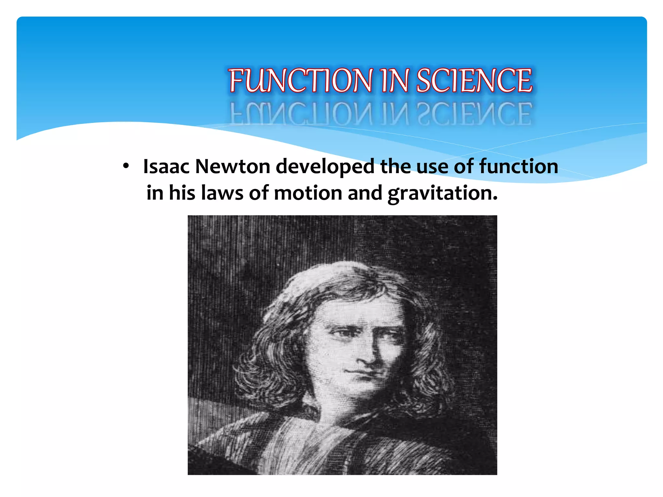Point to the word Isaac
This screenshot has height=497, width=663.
[166, 166]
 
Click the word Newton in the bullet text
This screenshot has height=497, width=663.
[232, 166]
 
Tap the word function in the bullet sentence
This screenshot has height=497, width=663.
[519, 166]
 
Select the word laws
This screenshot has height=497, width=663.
[222, 193]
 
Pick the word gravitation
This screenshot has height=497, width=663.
[442, 193]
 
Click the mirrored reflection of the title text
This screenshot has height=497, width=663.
[381, 113]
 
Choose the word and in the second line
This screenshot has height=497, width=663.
[365, 193]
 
